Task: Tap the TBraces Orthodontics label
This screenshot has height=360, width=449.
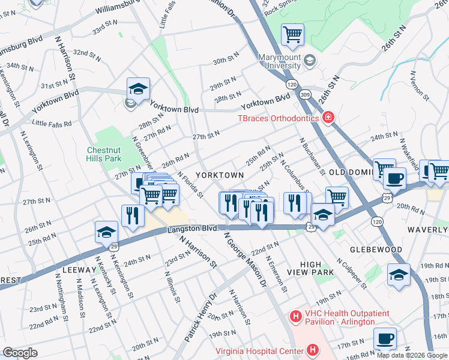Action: click(278, 118)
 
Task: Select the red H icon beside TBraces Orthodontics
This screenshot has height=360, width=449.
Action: click(328, 118)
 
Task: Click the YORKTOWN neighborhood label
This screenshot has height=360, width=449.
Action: click(220, 175)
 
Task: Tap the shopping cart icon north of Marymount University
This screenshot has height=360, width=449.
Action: click(292, 34)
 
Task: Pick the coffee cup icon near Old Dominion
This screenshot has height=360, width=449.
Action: click(394, 178)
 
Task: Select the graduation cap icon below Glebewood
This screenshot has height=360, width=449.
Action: click(399, 275)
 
